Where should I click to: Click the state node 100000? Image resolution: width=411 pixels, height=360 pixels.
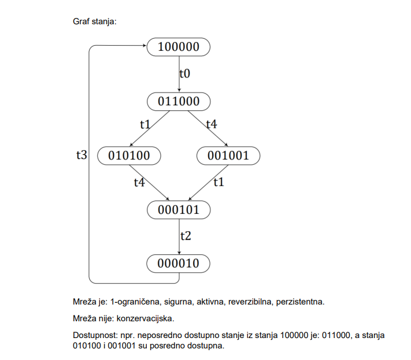click(179, 47)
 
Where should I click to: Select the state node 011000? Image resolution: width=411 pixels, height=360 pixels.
click(179, 101)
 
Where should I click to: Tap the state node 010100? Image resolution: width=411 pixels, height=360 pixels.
click(129, 155)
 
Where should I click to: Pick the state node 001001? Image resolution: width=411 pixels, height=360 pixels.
click(228, 155)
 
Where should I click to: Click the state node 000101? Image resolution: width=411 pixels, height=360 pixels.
click(179, 210)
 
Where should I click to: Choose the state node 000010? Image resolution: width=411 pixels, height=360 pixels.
click(178, 263)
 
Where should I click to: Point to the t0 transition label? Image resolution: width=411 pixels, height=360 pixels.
click(185, 73)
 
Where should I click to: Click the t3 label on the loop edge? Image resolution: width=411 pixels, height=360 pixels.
click(82, 155)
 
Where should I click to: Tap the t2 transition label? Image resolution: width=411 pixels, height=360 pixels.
click(186, 236)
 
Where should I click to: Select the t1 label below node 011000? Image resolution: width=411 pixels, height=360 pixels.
click(145, 124)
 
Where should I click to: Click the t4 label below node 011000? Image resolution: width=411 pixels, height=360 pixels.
click(212, 124)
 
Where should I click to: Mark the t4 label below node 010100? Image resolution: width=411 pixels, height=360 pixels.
click(139, 183)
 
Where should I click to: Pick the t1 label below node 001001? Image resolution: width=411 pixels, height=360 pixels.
click(219, 182)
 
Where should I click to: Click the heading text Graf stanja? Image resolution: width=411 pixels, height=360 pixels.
click(95, 21)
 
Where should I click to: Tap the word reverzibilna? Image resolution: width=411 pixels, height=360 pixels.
click(250, 302)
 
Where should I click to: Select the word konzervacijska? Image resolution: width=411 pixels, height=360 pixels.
click(145, 318)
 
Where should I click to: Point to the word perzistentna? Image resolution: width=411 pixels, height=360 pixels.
click(301, 302)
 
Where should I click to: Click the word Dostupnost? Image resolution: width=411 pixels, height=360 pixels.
click(95, 335)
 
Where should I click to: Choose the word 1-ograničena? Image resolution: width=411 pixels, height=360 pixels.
click(136, 302)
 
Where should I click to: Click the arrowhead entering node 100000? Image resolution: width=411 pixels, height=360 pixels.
click(145, 46)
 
